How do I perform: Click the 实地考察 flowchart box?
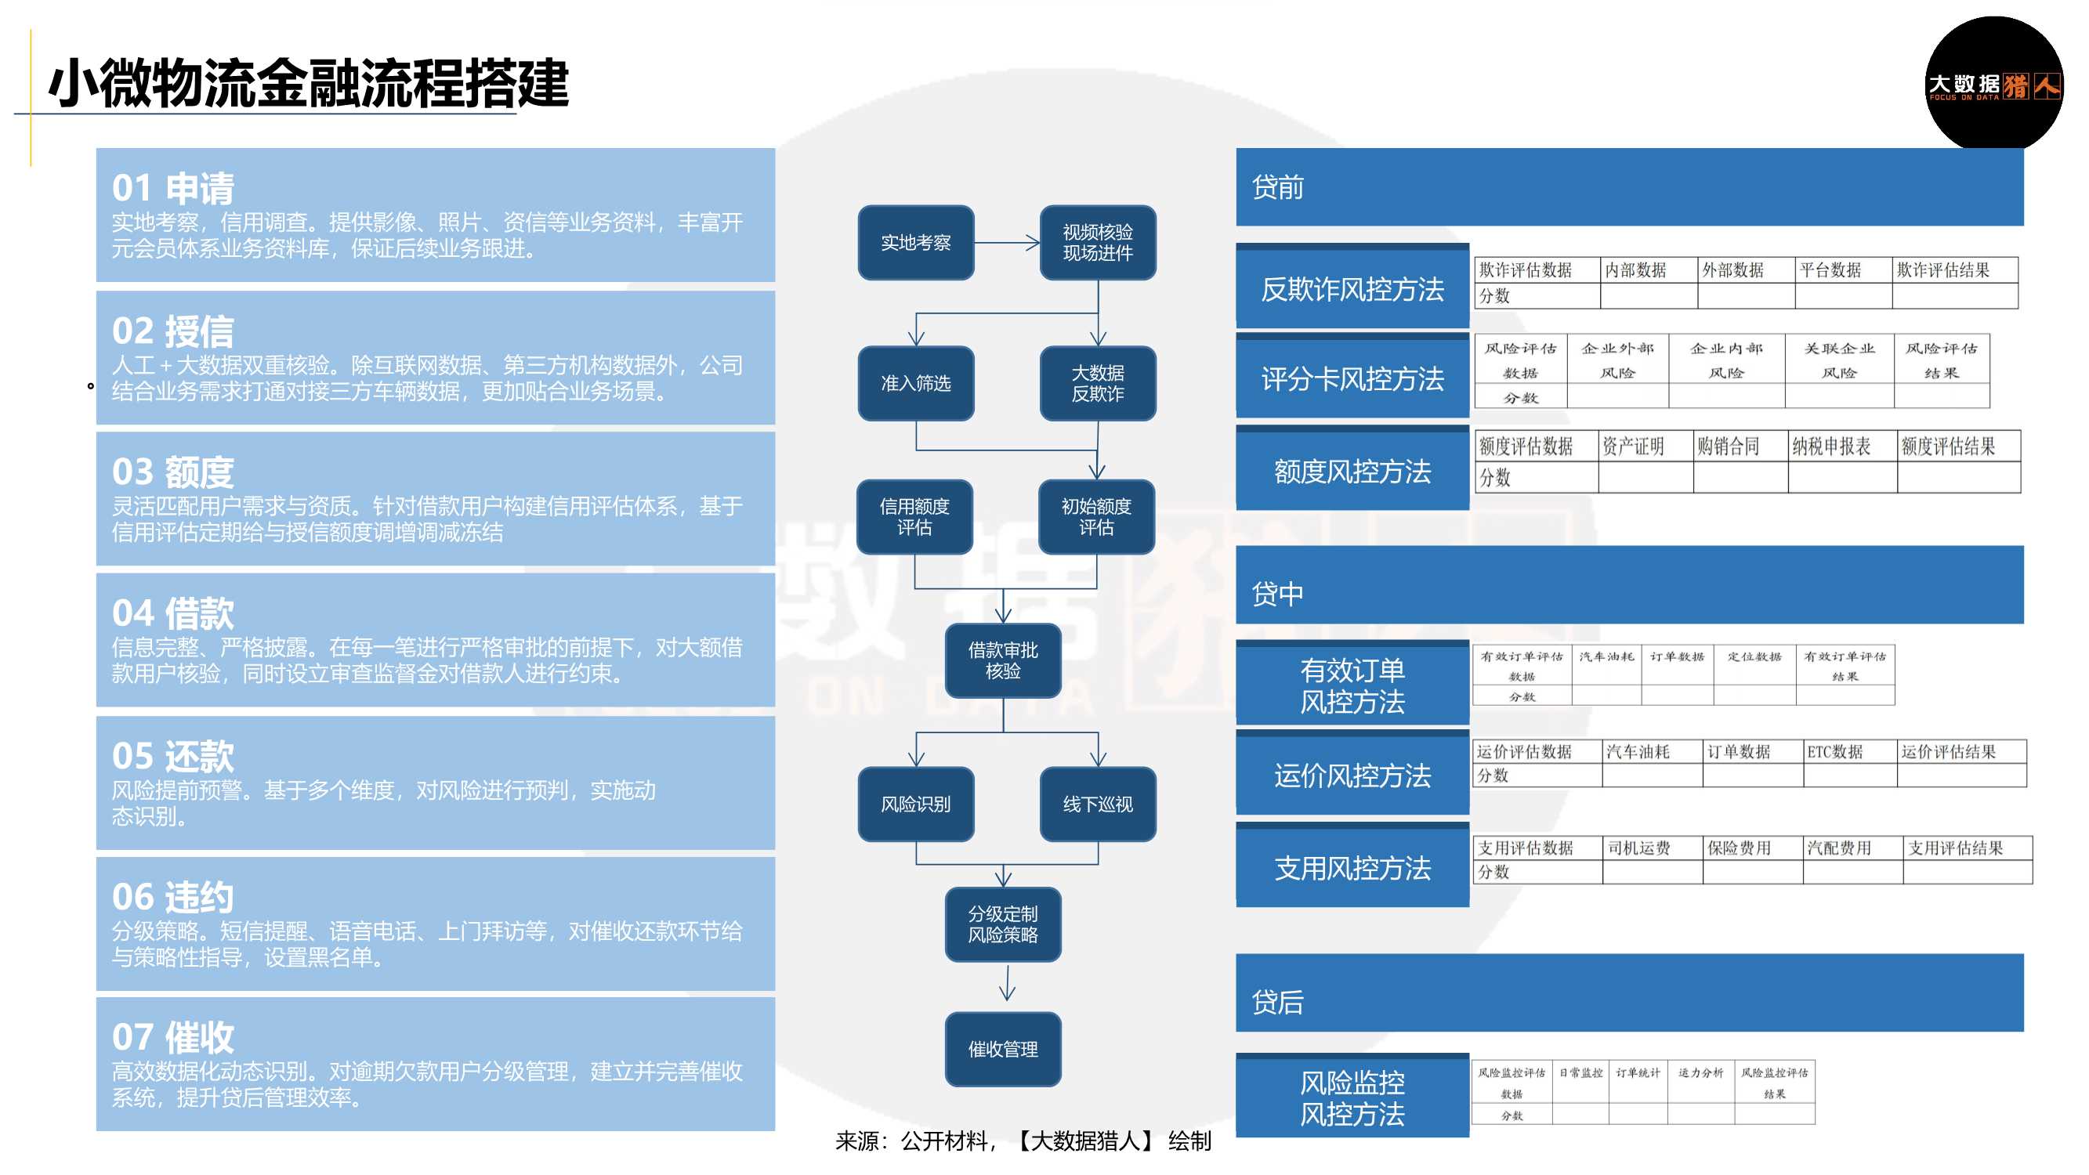(x=915, y=243)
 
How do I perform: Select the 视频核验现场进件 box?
(x=1097, y=243)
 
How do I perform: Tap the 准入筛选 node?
(x=915, y=383)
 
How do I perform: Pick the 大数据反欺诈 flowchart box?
(x=1097, y=383)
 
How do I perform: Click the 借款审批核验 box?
(x=1002, y=660)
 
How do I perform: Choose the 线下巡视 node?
(x=1097, y=804)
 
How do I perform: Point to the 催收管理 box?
(x=1002, y=1049)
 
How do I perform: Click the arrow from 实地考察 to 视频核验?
(x=1007, y=243)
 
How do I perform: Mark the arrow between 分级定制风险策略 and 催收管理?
(x=1007, y=984)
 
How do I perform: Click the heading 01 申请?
(x=172, y=188)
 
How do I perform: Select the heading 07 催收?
(x=172, y=1037)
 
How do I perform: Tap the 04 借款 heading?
(x=172, y=613)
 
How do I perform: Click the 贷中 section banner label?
(x=1277, y=594)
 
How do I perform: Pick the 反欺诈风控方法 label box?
(x=1352, y=289)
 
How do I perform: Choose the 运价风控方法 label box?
(x=1352, y=775)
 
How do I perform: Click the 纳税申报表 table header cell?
(x=1831, y=446)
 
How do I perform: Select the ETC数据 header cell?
(x=1834, y=752)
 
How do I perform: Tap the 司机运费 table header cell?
(x=1639, y=848)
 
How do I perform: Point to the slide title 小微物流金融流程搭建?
(x=308, y=84)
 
